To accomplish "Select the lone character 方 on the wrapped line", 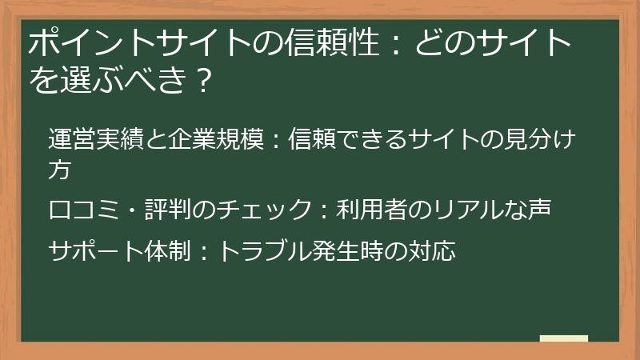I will (x=59, y=170).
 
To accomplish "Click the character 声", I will (x=539, y=210).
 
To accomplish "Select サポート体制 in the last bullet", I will (x=118, y=251).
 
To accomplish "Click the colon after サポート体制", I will (x=202, y=251).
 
